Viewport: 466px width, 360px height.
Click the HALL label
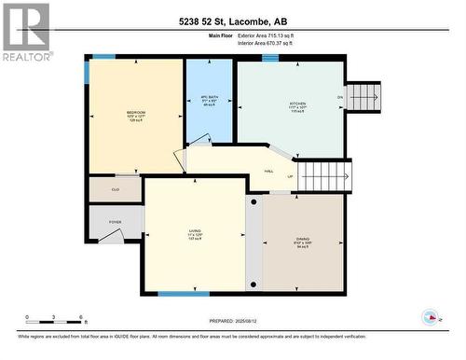[x=268, y=171]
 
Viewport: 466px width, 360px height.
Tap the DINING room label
[x=303, y=242]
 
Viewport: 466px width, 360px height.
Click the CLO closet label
[x=115, y=189]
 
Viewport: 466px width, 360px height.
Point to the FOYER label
[x=115, y=222]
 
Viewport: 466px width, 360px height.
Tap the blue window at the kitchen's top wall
[x=270, y=58]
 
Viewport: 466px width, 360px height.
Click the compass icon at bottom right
[x=430, y=316]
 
